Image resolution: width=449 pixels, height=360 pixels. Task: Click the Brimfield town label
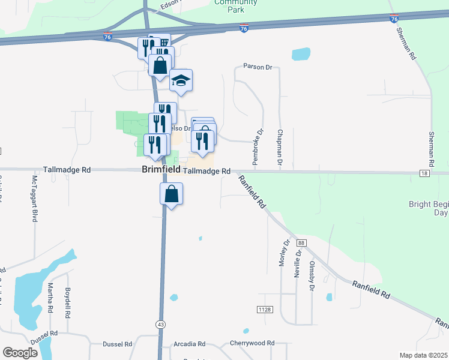pos(160,170)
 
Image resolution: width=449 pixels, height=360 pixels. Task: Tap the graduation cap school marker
pos(181,81)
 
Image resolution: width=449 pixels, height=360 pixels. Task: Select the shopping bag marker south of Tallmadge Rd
pos(171,194)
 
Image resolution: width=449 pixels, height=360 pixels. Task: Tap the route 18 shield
pos(425,173)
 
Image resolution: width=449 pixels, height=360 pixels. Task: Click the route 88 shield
pos(301,242)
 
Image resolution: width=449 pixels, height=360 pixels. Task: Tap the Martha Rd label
pos(50,300)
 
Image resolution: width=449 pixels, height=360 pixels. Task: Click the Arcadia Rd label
pos(188,344)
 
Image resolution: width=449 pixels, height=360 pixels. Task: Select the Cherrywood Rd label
pos(252,344)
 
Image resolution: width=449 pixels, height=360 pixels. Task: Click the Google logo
pos(20,352)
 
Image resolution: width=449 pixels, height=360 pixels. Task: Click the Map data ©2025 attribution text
pos(423,355)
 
